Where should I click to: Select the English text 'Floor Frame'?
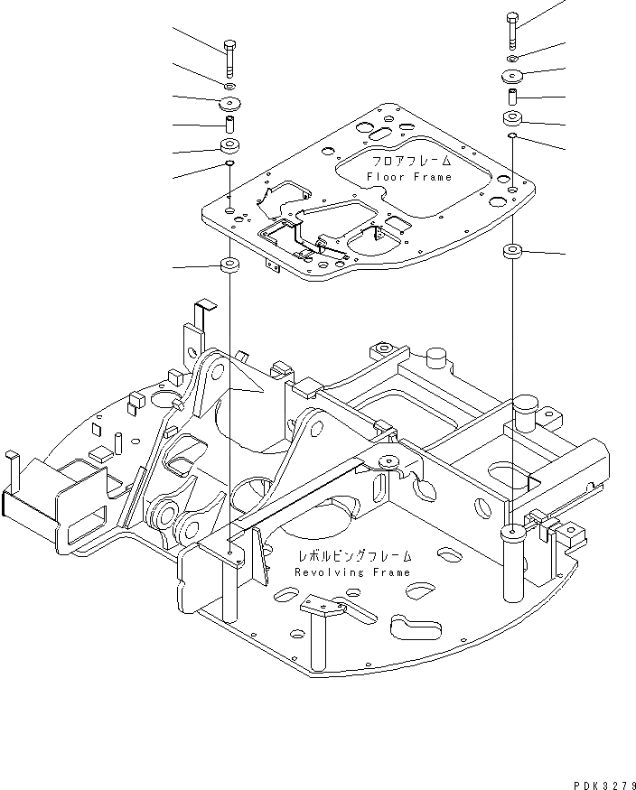click(x=409, y=178)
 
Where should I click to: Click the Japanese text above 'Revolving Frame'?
click(x=351, y=556)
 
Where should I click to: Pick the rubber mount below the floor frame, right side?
click(x=512, y=251)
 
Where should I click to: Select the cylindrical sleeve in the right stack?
click(x=513, y=94)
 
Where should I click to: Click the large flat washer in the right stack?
click(x=513, y=75)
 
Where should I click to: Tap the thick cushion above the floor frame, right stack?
click(x=513, y=118)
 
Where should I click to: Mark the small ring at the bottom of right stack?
click(x=512, y=135)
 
